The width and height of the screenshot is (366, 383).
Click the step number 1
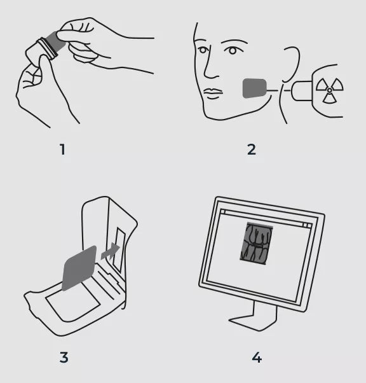click(x=63, y=150)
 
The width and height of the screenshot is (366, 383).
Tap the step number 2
click(x=252, y=150)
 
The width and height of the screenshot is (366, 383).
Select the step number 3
click(x=64, y=358)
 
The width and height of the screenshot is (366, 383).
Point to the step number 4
click(x=257, y=358)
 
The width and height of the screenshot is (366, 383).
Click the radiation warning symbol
click(x=330, y=90)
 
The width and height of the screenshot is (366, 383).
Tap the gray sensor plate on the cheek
click(x=254, y=88)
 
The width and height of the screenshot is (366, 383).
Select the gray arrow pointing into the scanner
click(x=111, y=251)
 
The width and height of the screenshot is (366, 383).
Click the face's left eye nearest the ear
click(x=233, y=51)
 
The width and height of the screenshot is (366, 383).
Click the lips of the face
click(x=212, y=93)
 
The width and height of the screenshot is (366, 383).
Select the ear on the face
click(x=291, y=64)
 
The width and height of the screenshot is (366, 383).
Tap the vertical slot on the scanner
click(x=120, y=249)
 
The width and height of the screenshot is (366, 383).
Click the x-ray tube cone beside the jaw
click(x=302, y=90)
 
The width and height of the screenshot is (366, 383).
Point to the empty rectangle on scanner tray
click(x=72, y=302)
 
